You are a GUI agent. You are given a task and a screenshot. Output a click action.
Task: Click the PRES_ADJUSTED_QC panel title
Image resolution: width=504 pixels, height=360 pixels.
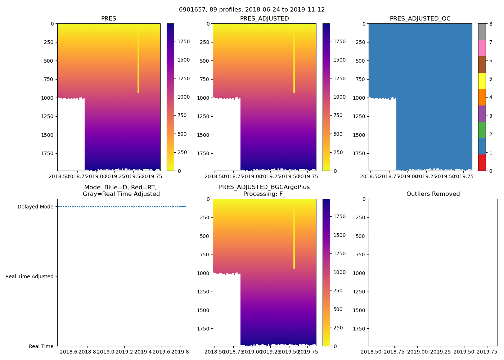click(x=420, y=19)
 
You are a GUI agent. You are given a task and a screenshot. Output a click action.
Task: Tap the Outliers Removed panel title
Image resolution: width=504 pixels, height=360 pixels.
click(x=433, y=194)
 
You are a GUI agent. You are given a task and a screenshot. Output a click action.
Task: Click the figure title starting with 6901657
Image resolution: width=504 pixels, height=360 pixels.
click(x=252, y=10)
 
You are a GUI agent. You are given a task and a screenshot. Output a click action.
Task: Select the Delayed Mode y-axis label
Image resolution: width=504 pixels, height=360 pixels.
click(x=35, y=207)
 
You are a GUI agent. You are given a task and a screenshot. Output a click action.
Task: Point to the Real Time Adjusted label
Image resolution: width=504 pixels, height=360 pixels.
click(x=30, y=276)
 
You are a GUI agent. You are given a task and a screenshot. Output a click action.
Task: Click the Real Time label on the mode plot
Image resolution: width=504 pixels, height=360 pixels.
click(x=41, y=346)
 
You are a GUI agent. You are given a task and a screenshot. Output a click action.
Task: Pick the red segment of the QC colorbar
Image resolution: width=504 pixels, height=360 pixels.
click(x=482, y=162)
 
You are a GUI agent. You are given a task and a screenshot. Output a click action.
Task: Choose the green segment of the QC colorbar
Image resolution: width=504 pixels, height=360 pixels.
click(x=482, y=130)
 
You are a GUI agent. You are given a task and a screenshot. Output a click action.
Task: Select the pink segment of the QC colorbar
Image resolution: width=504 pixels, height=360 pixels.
click(x=482, y=48)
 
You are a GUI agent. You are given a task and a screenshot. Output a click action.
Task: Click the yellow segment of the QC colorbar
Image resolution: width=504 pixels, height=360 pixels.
click(x=482, y=81)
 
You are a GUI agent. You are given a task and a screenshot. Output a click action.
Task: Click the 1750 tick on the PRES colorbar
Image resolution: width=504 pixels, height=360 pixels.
click(x=184, y=41)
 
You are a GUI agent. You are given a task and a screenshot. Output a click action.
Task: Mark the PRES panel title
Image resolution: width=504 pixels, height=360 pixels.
click(x=108, y=19)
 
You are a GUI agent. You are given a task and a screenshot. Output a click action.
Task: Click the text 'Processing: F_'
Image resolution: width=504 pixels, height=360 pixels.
click(x=264, y=194)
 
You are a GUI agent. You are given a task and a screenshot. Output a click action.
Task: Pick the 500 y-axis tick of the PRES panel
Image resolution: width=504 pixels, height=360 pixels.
click(x=49, y=61)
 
